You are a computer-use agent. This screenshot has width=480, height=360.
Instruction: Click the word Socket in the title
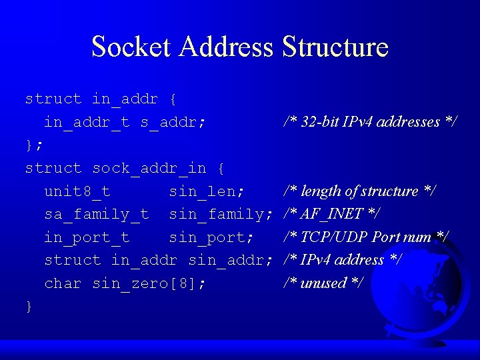click(x=132, y=47)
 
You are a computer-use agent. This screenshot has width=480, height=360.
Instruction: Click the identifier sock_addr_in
click(x=149, y=168)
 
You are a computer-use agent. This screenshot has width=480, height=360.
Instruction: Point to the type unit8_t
click(x=77, y=191)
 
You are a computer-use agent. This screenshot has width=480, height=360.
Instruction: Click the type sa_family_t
click(x=97, y=214)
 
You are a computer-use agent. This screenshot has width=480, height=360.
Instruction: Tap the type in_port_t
click(x=87, y=237)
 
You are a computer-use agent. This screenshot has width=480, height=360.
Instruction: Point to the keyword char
click(x=63, y=283)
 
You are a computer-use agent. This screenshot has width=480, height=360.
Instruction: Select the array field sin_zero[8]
click(x=149, y=283)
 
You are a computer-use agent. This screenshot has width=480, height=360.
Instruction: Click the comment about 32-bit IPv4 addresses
click(x=370, y=122)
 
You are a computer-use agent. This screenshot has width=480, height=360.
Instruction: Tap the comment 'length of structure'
click(x=360, y=191)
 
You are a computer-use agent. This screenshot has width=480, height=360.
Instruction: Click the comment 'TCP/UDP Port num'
click(x=366, y=237)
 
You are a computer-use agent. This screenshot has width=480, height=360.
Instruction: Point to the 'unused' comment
click(x=323, y=283)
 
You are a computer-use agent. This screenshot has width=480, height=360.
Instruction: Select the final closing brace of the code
click(x=29, y=306)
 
